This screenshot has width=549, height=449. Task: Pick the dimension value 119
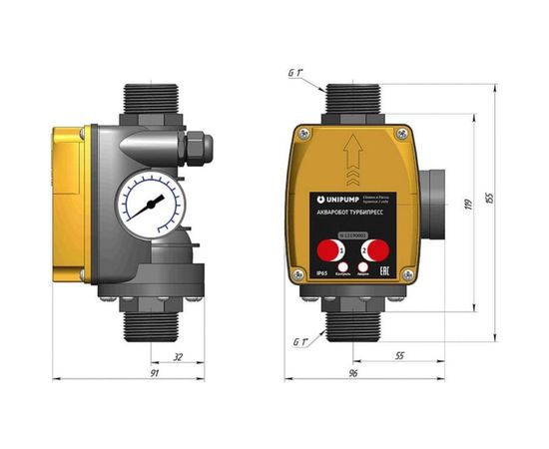point(469,206)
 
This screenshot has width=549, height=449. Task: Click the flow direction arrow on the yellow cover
point(348,159)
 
